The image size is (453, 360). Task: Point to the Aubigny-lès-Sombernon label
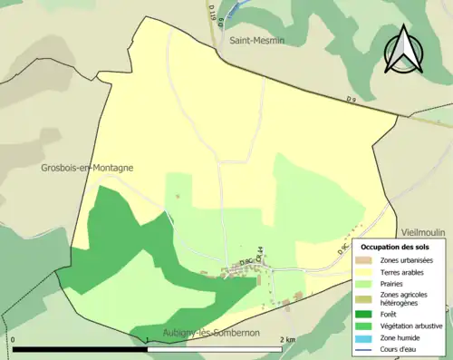[211, 333]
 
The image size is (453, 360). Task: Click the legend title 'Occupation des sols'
[395, 247]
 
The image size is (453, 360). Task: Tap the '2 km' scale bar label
[287, 339]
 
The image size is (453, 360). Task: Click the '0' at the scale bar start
[14, 339]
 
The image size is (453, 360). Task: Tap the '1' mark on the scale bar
[148, 339]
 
